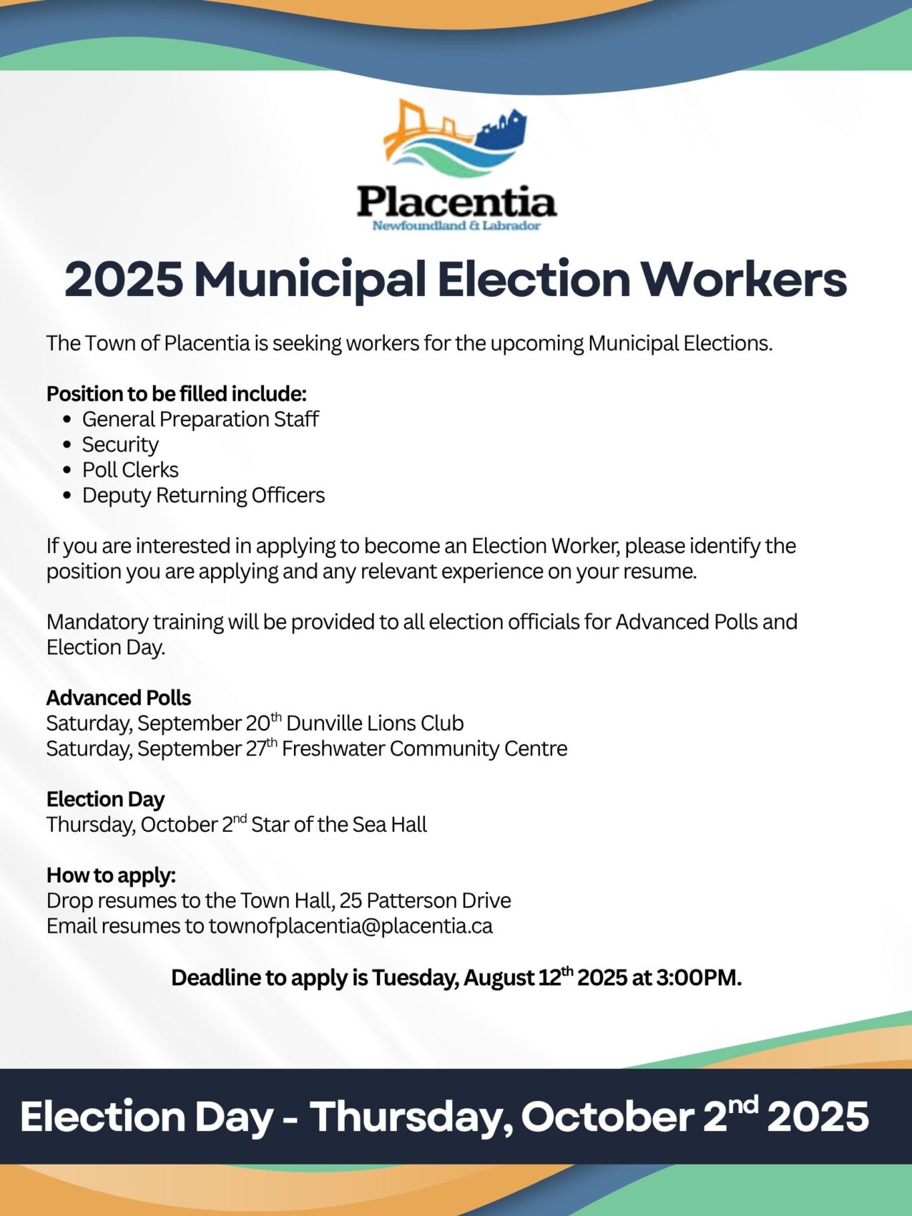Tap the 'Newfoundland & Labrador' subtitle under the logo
(x=456, y=226)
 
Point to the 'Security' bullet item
(x=120, y=445)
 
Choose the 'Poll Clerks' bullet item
(x=130, y=470)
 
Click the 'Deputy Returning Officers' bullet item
(x=203, y=495)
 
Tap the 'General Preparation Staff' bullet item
(x=200, y=419)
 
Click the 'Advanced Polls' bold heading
(x=119, y=697)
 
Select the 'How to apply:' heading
(x=111, y=875)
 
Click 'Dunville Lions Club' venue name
(x=375, y=723)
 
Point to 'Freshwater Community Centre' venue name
(x=424, y=749)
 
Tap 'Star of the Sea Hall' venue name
(x=339, y=825)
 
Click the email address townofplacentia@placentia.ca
(x=350, y=926)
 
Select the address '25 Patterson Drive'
(x=426, y=901)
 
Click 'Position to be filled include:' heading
(x=177, y=394)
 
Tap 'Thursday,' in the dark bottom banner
(x=411, y=1117)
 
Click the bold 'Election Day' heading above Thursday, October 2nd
(x=105, y=799)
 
